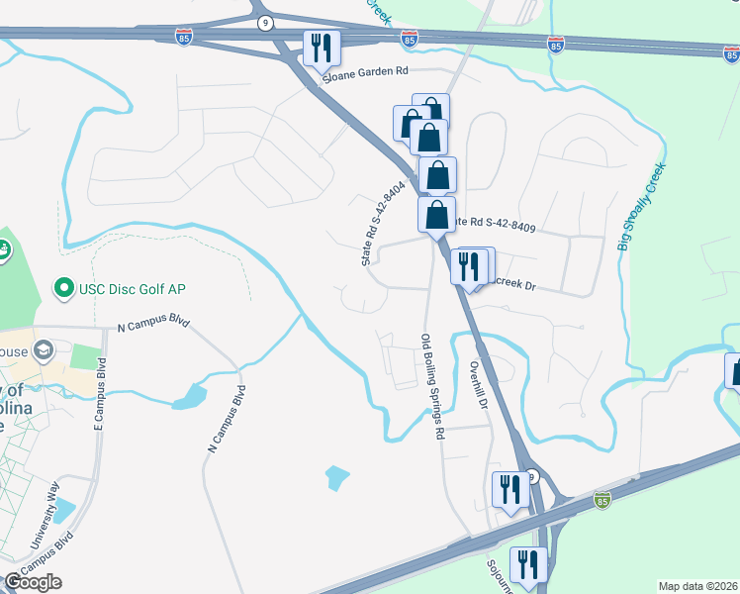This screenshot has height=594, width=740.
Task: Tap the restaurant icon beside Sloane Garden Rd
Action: point(322,49)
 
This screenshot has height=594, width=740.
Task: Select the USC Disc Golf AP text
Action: point(135,288)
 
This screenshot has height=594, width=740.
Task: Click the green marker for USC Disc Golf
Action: point(64,288)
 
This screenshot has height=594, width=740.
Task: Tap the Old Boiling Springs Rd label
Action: point(431,386)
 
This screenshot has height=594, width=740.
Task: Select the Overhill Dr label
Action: point(479,385)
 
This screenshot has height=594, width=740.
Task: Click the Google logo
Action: point(34,582)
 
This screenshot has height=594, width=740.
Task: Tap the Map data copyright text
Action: point(697,586)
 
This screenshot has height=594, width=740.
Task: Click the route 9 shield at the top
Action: point(264,21)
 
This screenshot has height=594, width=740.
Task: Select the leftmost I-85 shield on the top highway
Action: point(184,37)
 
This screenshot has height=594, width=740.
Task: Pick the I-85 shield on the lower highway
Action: point(602,501)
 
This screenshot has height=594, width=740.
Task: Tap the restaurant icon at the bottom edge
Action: point(527,565)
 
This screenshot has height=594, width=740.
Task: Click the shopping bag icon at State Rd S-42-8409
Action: point(436,215)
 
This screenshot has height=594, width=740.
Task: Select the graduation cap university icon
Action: point(43,350)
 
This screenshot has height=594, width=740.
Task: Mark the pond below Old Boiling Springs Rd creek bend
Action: point(336,478)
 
